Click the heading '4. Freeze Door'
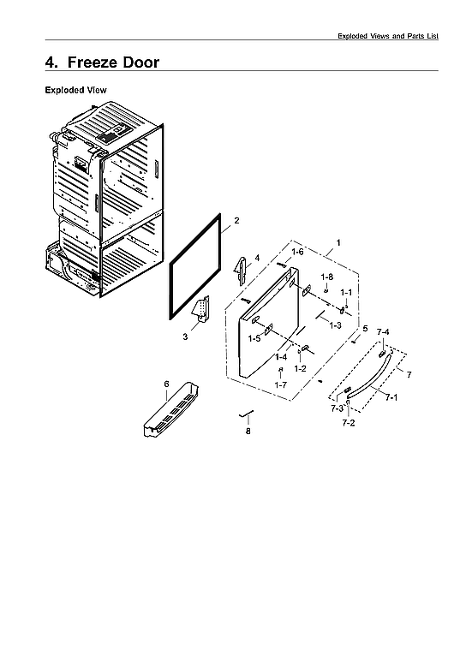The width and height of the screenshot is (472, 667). click(x=102, y=63)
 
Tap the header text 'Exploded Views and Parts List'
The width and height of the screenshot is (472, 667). click(x=387, y=36)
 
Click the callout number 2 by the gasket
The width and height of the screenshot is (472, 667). click(x=236, y=221)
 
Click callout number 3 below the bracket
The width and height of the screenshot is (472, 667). click(x=185, y=337)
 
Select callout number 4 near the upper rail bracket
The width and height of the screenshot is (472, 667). click(x=256, y=257)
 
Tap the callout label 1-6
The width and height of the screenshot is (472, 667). click(x=297, y=252)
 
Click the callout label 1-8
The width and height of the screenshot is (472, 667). click(x=326, y=277)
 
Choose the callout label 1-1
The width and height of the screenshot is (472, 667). click(x=346, y=293)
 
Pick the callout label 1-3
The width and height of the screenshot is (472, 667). click(x=336, y=326)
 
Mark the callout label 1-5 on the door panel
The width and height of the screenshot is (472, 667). click(x=254, y=339)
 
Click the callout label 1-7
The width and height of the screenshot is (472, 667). click(x=280, y=385)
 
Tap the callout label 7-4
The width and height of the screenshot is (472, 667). click(x=382, y=331)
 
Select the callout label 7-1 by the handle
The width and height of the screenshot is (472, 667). click(x=390, y=398)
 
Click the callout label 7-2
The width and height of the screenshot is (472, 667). click(x=349, y=423)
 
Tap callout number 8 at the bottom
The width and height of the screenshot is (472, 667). click(x=248, y=432)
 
